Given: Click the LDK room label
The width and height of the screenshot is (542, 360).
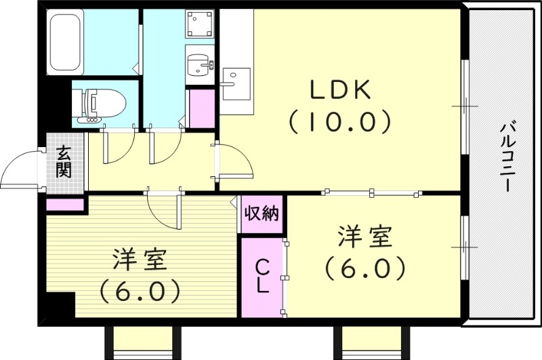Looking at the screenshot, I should point(340,90).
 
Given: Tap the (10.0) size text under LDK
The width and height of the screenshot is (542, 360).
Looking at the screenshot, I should point(340,122).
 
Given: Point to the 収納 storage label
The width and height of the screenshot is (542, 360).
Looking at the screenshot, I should point(262,214).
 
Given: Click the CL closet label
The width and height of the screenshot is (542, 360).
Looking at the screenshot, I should point(262,277).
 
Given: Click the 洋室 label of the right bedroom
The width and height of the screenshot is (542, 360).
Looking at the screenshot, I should point(365,238).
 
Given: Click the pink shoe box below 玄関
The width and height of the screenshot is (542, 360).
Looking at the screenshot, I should point(65,203).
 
